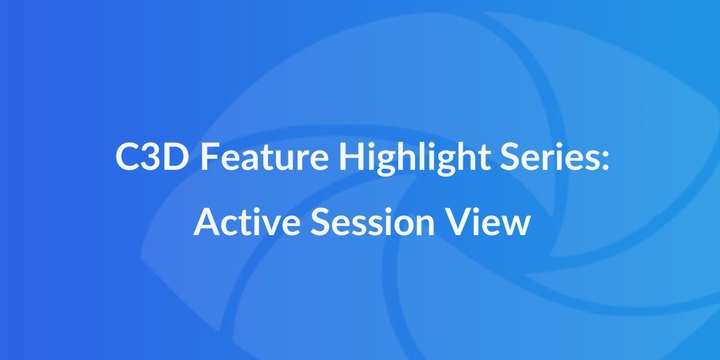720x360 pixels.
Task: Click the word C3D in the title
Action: (x=152, y=157)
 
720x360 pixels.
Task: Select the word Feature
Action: (x=264, y=157)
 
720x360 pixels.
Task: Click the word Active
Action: (x=247, y=223)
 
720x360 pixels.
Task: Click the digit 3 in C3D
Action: (x=153, y=157)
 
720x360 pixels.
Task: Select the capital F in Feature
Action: (x=209, y=157)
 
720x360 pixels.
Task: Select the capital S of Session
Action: (x=319, y=223)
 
